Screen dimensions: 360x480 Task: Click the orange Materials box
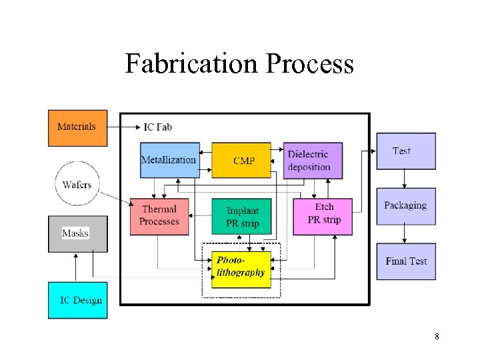(x=77, y=127)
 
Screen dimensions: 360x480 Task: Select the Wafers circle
(x=77, y=184)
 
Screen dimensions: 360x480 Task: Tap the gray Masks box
(x=77, y=233)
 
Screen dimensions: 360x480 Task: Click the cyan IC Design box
(x=77, y=300)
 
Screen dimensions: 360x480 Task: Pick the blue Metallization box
(x=169, y=160)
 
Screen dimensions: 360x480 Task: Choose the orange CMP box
(x=241, y=160)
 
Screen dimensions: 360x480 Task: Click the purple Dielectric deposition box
(x=313, y=160)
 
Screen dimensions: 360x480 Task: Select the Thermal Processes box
(x=160, y=215)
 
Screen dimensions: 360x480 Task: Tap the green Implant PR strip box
(x=241, y=215)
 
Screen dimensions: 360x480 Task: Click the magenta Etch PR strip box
(x=323, y=215)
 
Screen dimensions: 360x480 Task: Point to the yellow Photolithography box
(x=241, y=269)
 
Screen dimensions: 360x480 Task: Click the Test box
(x=405, y=151)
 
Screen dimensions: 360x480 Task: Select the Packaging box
(x=405, y=206)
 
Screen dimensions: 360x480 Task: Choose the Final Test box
(x=405, y=261)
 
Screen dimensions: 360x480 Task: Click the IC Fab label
(x=158, y=127)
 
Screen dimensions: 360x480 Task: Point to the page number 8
(x=437, y=337)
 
